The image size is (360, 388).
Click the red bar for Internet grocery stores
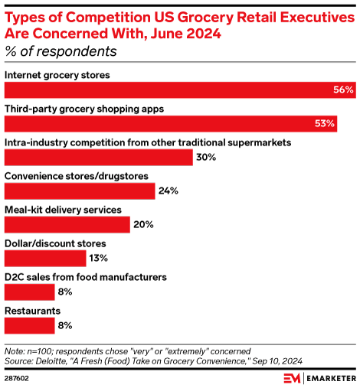[x=180, y=90]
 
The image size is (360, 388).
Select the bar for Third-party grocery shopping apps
[x=171, y=123]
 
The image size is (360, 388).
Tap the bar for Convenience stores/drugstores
[x=80, y=191]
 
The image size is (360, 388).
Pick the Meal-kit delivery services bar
[x=67, y=224]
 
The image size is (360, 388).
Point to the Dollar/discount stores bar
[x=45, y=258]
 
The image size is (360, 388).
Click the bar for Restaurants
[x=30, y=325]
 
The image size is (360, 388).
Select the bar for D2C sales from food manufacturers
[x=30, y=292]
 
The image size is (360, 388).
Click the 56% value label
[x=343, y=90]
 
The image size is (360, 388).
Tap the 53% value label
[x=325, y=124]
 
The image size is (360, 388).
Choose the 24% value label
[x=169, y=191]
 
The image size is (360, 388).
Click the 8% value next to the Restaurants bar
[x=65, y=325]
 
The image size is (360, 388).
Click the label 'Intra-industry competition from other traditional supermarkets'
[x=147, y=142]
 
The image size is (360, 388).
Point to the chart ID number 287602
[x=17, y=377]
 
